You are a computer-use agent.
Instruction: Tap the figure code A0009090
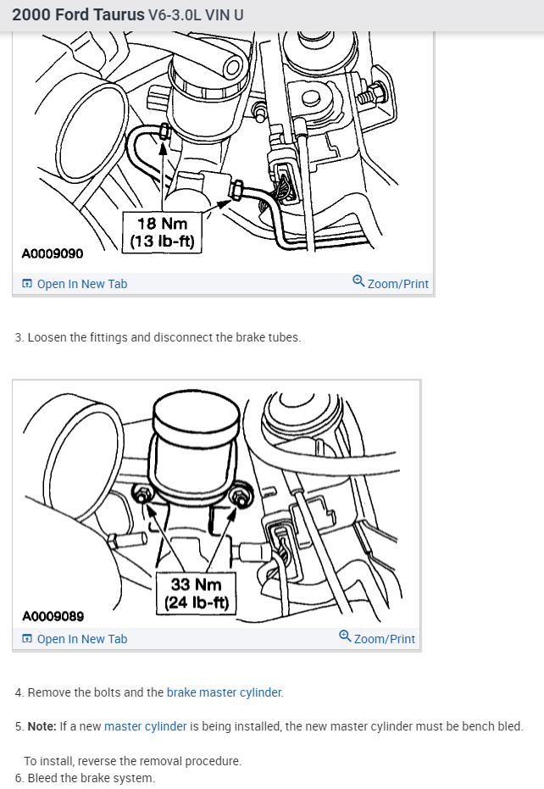coord(53,253)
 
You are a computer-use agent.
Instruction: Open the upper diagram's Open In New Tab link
coord(81,284)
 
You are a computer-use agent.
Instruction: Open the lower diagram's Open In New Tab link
coord(81,639)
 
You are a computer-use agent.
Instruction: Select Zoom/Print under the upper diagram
coord(397,284)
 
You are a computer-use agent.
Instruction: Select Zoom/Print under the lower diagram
coord(384,639)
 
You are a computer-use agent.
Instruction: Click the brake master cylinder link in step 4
coord(224,692)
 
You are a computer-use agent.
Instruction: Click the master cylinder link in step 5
coord(145,726)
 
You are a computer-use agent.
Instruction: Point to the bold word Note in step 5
coord(42,726)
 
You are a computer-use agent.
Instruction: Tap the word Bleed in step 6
coord(43,778)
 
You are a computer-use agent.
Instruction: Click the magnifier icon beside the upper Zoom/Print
coord(358,281)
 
